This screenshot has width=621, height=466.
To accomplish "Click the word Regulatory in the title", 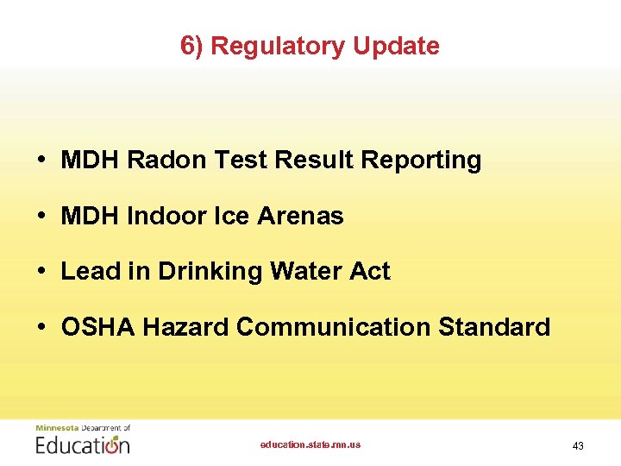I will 264,46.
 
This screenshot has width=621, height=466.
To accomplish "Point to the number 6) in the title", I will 191,46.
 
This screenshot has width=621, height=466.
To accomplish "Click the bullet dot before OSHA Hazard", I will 41,328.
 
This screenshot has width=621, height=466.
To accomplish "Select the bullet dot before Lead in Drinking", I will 41,272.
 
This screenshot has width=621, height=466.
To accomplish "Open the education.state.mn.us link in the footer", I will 310,444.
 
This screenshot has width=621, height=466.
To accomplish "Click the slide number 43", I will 578,446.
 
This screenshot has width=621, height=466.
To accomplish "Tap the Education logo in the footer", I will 83,441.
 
